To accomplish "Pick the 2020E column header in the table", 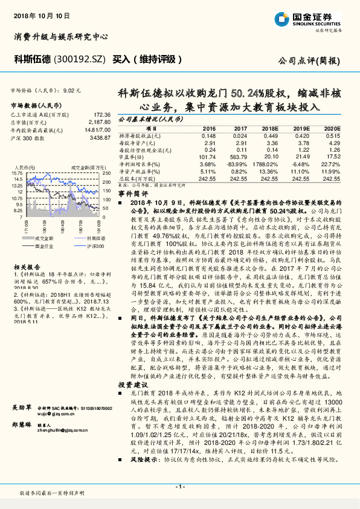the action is click(x=332, y=129).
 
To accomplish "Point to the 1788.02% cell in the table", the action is click(x=265, y=164).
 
